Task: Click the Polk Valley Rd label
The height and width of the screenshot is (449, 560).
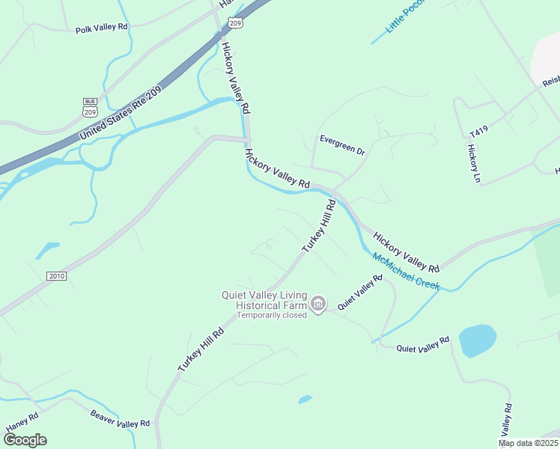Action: (102, 28)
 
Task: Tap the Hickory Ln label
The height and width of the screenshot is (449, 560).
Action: (472, 163)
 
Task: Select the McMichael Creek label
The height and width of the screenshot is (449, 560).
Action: (407, 271)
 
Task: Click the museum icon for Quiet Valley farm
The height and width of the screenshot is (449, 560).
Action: (318, 304)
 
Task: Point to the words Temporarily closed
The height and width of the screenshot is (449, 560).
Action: (272, 315)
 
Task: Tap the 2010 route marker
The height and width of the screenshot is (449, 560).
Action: (57, 276)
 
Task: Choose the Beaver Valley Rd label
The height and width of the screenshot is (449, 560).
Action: (120, 419)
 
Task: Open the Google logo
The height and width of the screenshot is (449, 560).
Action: (25, 439)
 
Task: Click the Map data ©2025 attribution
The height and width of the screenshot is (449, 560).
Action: (527, 443)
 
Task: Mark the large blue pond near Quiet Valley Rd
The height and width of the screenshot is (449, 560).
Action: (477, 340)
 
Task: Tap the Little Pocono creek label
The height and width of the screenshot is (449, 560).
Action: (405, 16)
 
